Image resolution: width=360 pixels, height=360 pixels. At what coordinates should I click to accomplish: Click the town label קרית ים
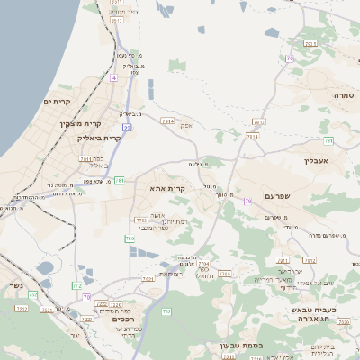(57, 102)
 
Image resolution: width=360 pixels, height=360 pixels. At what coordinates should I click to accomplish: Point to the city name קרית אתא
(168, 189)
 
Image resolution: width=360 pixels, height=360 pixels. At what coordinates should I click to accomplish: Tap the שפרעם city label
(280, 195)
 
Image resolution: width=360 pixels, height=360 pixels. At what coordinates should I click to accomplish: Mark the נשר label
(14, 286)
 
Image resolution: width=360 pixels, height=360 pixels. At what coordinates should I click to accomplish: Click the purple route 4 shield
(114, 77)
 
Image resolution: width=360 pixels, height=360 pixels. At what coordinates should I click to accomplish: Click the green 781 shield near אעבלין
(329, 141)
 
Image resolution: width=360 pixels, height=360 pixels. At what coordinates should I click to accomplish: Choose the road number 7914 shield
(253, 136)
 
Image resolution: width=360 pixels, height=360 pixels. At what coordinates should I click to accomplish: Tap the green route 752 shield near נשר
(32, 294)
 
